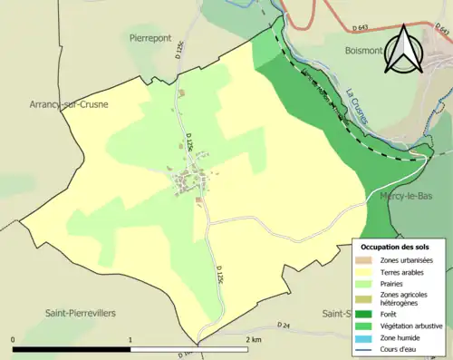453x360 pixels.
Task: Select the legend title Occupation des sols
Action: pyautogui.click(x=396, y=247)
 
